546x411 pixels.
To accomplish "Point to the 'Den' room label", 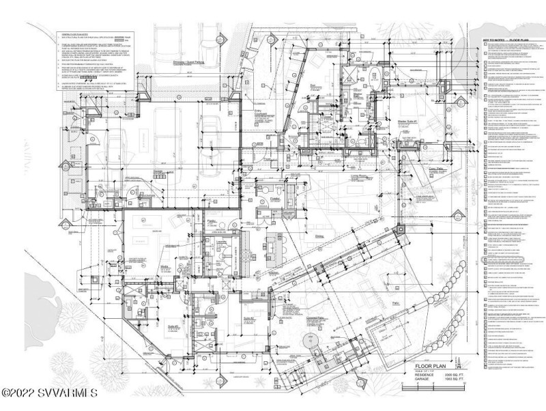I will (x=313, y=87).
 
